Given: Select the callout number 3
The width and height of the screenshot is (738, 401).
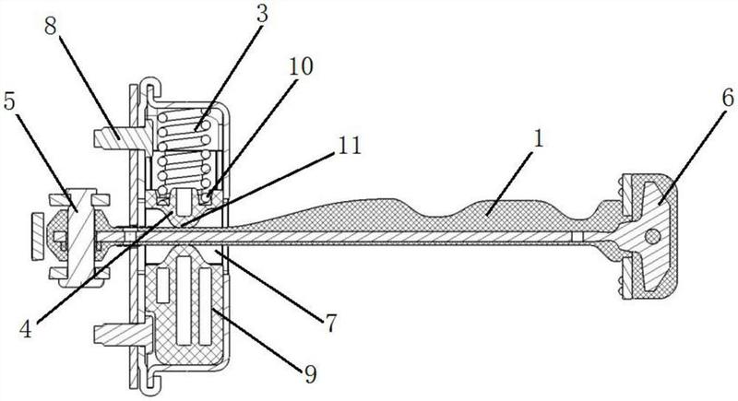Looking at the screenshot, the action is tap(262, 14).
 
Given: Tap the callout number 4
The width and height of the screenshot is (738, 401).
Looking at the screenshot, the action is tap(26, 330).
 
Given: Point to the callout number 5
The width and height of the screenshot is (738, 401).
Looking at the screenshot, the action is tap(10, 101).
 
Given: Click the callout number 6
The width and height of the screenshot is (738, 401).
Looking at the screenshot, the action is tap(728, 100).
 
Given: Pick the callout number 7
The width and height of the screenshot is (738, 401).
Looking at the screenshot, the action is tap(331, 324).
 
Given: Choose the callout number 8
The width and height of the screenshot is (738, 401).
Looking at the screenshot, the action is tap(52, 28).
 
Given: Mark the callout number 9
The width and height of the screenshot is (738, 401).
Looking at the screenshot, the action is tap(309, 374).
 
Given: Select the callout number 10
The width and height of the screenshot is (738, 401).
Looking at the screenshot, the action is tap(301, 67).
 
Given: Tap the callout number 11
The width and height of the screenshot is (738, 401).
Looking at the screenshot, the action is tap(350, 146).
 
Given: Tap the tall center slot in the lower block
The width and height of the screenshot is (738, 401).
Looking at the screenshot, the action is tap(184, 301).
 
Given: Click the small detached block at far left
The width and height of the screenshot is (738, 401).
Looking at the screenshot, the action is tap(38, 237).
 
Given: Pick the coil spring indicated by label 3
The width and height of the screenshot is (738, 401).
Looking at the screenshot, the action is tap(184, 150).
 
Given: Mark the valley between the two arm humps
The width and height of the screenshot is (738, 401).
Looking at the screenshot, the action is tap(442, 215).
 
